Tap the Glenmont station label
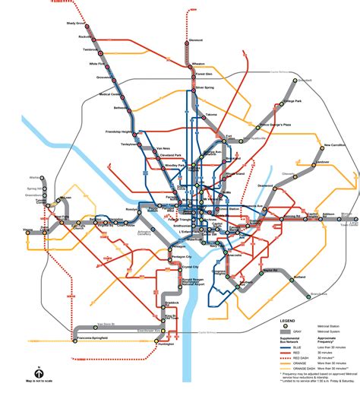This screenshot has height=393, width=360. click(196, 40)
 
